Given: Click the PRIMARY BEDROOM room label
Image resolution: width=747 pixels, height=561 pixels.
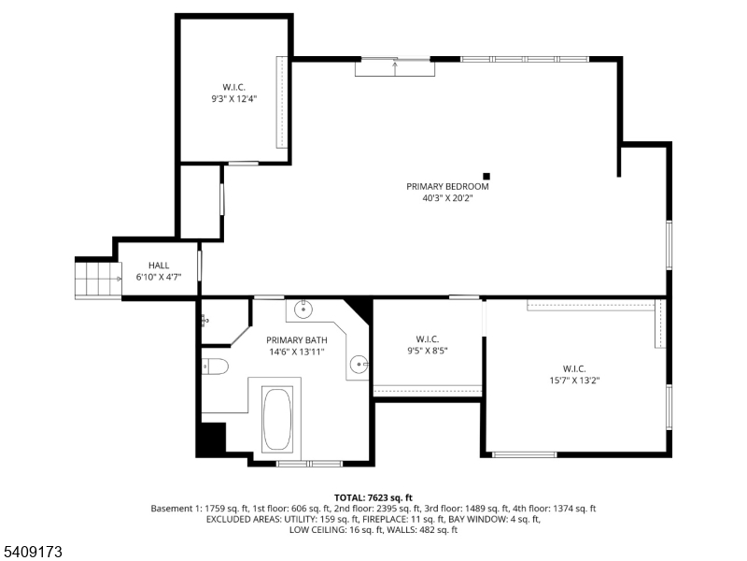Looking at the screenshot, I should click(x=447, y=186).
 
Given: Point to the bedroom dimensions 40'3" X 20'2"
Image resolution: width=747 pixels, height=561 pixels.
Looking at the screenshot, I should click(x=447, y=198).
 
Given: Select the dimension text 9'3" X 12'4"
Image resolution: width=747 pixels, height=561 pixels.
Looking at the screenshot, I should click(x=233, y=98).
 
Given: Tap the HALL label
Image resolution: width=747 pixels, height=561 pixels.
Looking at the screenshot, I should click(x=159, y=266).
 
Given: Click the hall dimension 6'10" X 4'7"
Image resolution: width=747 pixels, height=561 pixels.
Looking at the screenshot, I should click(x=159, y=278).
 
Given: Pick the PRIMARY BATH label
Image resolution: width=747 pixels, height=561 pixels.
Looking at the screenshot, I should click(x=296, y=340).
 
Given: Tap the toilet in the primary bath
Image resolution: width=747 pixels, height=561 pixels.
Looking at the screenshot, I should click(x=214, y=367).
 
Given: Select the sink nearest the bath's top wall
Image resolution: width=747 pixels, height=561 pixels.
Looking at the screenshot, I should click(x=304, y=309).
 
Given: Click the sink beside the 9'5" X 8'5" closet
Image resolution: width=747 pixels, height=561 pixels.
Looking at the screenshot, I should click(x=360, y=364).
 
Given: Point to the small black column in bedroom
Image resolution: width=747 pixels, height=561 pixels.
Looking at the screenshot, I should click(x=486, y=175).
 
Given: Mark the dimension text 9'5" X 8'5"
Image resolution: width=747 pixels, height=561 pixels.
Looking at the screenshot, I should click(x=428, y=352).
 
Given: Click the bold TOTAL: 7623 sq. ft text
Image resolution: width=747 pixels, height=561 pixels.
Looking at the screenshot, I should click(x=373, y=497).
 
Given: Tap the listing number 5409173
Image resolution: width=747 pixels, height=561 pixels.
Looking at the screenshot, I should click(x=34, y=553).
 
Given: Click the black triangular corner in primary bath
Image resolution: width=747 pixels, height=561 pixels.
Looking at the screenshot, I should click(x=359, y=309).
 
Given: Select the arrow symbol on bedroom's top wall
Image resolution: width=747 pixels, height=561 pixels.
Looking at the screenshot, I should click(x=396, y=65).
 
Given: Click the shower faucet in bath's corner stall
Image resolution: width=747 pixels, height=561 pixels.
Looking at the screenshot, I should click(x=204, y=321).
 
